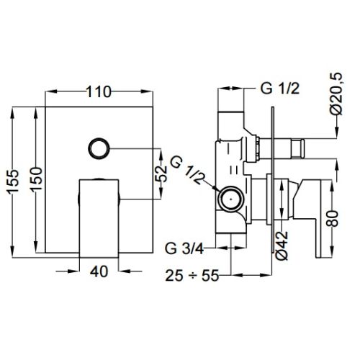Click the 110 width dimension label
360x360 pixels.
tap(99, 92)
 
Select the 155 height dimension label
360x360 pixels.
tap(13, 181)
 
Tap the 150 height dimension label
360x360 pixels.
tap(37, 179)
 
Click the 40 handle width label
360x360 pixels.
tap(99, 271)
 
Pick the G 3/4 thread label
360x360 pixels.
tap(184, 248)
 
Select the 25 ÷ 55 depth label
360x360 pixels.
tap(192, 275)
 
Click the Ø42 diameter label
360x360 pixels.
tap(282, 246)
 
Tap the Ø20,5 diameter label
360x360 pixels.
tap(336, 94)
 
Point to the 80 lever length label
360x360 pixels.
tap(333, 218)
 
